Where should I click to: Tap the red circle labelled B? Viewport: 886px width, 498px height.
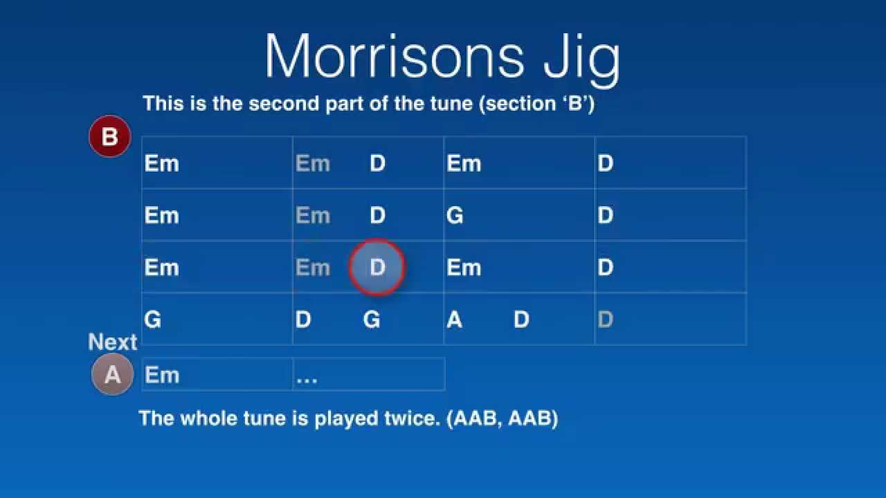click(x=109, y=136)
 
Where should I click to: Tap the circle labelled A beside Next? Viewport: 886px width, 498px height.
click(x=112, y=375)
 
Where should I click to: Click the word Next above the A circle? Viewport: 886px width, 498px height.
click(x=113, y=342)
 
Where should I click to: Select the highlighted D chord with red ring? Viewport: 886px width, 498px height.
click(x=377, y=268)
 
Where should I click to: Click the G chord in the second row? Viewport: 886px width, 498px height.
click(x=455, y=216)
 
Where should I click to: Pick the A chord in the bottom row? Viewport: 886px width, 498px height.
click(x=454, y=320)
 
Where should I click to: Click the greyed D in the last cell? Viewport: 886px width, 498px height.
click(x=605, y=320)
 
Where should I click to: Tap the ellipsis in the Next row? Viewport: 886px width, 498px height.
click(x=307, y=377)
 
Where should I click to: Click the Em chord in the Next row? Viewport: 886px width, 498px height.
click(x=162, y=375)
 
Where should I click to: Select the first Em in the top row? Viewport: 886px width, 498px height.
click(x=162, y=164)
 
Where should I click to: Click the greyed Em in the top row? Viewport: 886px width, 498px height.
click(x=313, y=164)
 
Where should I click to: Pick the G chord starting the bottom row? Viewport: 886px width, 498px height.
click(x=152, y=320)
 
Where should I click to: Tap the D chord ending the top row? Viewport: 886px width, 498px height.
click(x=605, y=164)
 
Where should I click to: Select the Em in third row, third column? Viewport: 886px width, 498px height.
click(x=464, y=268)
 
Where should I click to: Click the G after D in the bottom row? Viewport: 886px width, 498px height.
click(x=372, y=320)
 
